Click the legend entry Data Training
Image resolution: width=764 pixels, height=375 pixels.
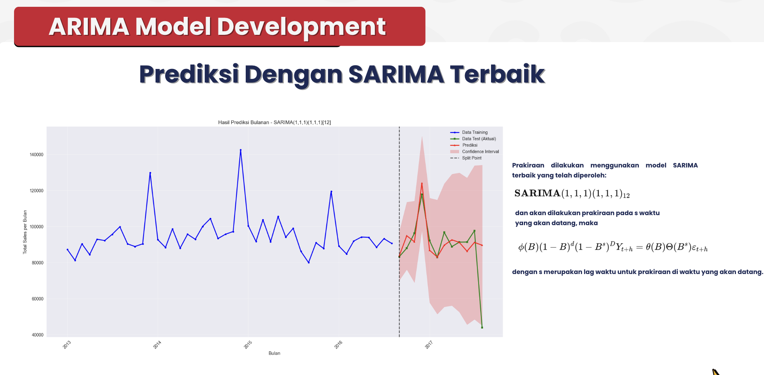tap(475, 132)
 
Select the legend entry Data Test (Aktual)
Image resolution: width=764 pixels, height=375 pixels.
tap(479, 139)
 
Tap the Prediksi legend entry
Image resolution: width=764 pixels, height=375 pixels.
tap(469, 145)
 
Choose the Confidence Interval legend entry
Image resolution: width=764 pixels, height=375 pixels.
tap(480, 151)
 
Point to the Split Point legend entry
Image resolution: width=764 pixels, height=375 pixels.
tap(471, 158)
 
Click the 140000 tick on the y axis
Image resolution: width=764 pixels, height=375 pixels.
tap(36, 155)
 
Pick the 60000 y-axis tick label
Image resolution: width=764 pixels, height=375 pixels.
tap(38, 299)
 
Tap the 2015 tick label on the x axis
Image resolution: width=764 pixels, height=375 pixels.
tap(248, 345)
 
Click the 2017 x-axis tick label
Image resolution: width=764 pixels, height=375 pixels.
tap(429, 345)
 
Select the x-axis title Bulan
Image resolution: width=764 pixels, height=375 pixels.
tap(274, 353)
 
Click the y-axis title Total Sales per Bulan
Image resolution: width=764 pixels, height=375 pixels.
tap(25, 232)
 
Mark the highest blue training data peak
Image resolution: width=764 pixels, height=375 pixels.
tap(241, 150)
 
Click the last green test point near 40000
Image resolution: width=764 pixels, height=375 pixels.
tap(482, 327)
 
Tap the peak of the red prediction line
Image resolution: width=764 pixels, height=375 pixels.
tap(422, 183)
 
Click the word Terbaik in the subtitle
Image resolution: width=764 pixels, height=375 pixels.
tap(497, 74)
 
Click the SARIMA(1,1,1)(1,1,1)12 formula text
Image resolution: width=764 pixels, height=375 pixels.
tap(572, 194)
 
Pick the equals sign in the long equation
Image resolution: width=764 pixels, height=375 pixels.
tap(639, 247)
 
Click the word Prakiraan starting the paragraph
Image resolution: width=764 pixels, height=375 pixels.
tap(528, 165)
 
